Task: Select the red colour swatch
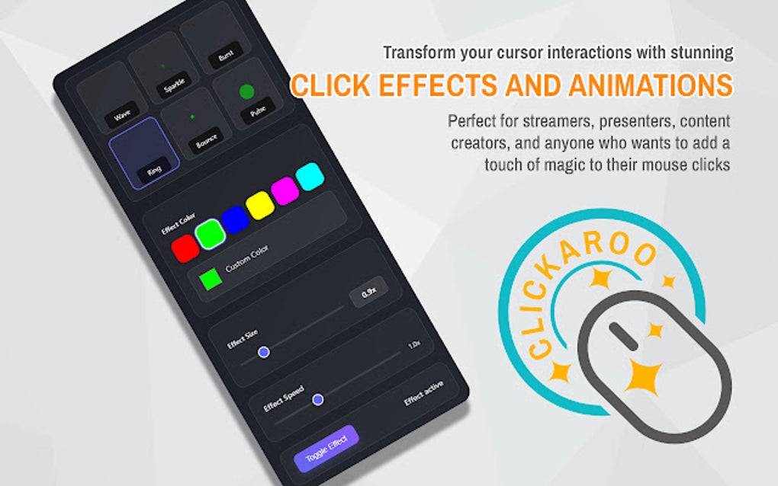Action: click(x=185, y=248)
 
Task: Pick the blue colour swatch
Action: click(x=235, y=219)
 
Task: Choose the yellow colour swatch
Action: click(x=260, y=204)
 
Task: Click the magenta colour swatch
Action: click(x=285, y=190)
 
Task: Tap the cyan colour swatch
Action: click(x=310, y=176)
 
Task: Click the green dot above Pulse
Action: click(x=246, y=93)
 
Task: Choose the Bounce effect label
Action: click(x=206, y=141)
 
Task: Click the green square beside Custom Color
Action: click(x=210, y=279)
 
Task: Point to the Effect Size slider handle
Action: click(x=264, y=352)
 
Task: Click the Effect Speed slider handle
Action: click(x=317, y=399)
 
